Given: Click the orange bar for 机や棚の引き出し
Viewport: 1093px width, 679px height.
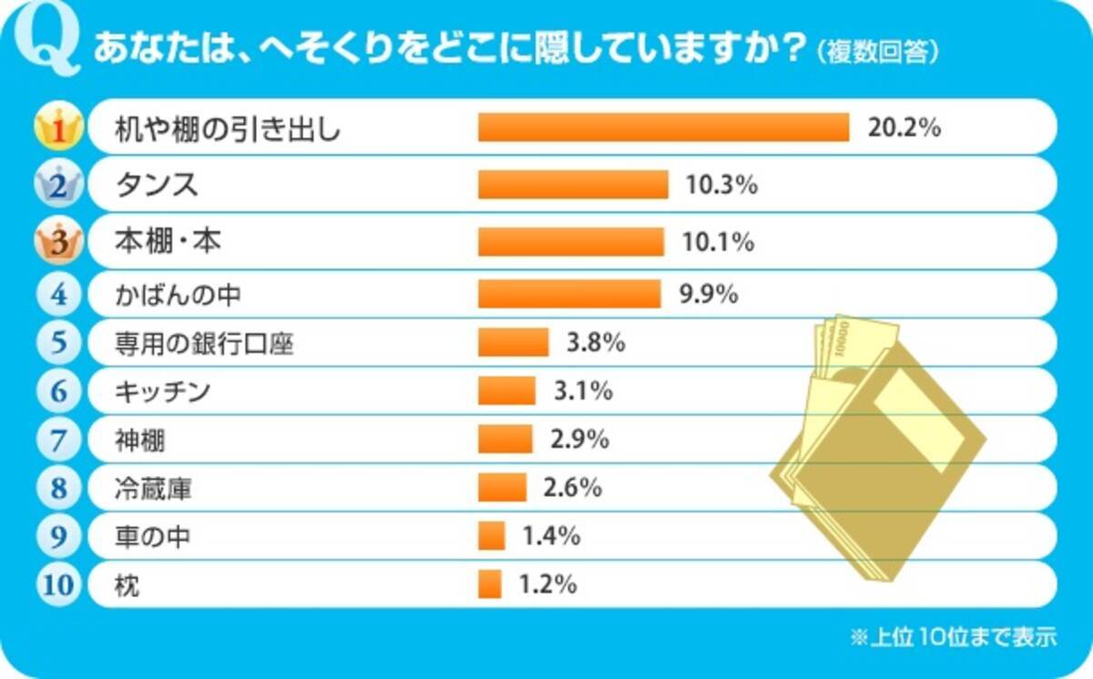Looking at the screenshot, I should [663, 128].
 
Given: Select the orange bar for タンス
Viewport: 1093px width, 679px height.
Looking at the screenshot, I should [573, 185].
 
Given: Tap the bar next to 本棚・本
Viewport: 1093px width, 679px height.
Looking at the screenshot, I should [571, 241].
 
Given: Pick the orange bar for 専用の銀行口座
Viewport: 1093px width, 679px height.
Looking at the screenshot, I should [514, 342].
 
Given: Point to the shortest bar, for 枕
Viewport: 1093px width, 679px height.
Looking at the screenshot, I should [490, 584].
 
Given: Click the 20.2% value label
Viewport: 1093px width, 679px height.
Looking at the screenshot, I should [903, 127].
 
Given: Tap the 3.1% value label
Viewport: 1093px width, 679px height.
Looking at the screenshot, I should [583, 391].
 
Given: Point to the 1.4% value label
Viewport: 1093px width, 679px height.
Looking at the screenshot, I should [551, 536].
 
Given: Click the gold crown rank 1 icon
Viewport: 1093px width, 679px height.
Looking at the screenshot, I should [58, 129].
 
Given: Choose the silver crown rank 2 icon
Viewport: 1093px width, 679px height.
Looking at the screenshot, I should [58, 186].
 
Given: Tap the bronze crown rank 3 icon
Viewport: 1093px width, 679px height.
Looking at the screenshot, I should [58, 242].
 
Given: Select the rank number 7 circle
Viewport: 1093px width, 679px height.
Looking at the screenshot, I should [58, 441].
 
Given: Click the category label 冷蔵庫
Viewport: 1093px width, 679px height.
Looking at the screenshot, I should [153, 490].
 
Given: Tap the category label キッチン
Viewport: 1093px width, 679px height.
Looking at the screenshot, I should [163, 392].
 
